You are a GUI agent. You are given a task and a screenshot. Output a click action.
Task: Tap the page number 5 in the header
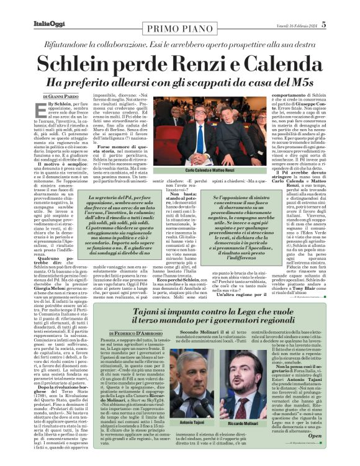[x=341, y=24]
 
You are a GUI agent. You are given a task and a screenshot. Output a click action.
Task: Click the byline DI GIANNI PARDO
[x=62, y=97]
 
